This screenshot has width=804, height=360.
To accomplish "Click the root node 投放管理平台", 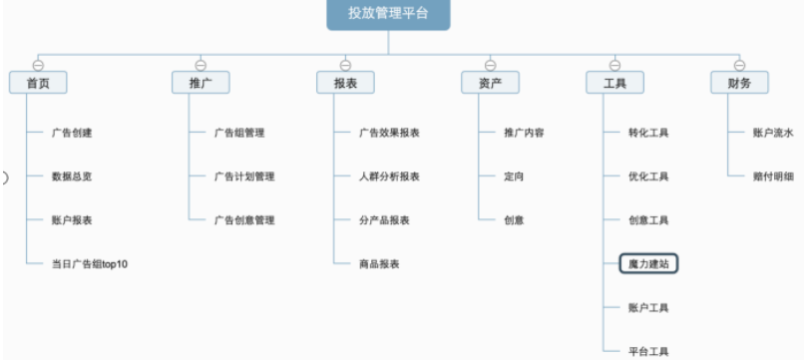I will (x=388, y=13).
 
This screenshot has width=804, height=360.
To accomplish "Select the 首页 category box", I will (x=38, y=84).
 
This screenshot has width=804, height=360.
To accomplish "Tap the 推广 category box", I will (x=201, y=84).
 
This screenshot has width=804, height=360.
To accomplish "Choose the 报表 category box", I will (x=345, y=84).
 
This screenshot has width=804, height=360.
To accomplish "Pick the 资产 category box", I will (x=490, y=84).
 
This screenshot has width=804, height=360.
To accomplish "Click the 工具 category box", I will (x=614, y=84).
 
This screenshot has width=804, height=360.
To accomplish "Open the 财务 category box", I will (x=739, y=84).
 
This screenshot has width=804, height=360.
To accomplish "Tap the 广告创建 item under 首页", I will (x=72, y=133).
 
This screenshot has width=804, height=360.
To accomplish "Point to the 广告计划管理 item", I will (x=244, y=177).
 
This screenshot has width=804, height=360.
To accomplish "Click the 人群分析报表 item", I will (x=389, y=177).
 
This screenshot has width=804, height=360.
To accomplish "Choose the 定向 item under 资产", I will (x=514, y=177).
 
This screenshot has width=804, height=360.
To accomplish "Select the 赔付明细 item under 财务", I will (x=773, y=177).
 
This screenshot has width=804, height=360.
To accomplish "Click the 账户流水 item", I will (x=773, y=133).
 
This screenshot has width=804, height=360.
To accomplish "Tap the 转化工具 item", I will (x=648, y=133).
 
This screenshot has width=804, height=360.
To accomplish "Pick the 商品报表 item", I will (x=379, y=264).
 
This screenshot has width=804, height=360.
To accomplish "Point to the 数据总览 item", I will (x=72, y=177).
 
